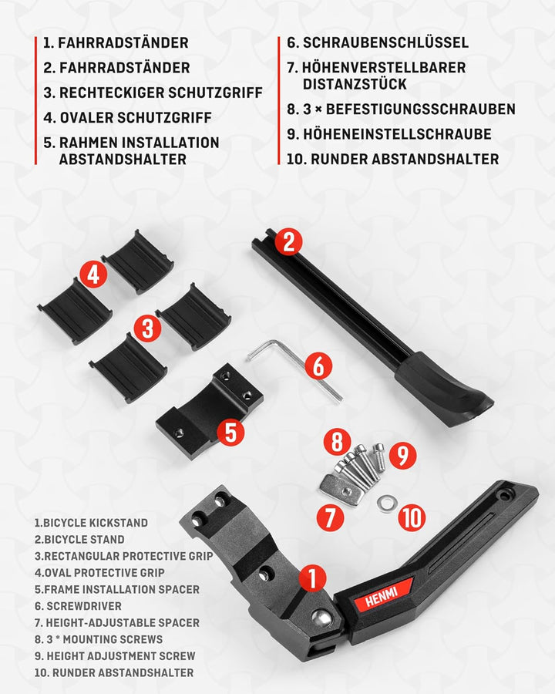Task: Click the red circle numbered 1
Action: pos(312,578)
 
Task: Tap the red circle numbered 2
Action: pos(288,241)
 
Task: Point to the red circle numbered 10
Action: pos(413,517)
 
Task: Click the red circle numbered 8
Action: pos(337,443)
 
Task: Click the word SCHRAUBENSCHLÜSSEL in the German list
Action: pos(385,43)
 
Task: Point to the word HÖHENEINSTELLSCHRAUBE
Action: pos(397,134)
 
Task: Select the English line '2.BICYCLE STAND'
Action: pos(79,540)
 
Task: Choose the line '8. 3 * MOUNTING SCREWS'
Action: pos(99,639)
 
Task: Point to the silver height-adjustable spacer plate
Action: pos(339,489)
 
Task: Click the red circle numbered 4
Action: pos(93,274)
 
